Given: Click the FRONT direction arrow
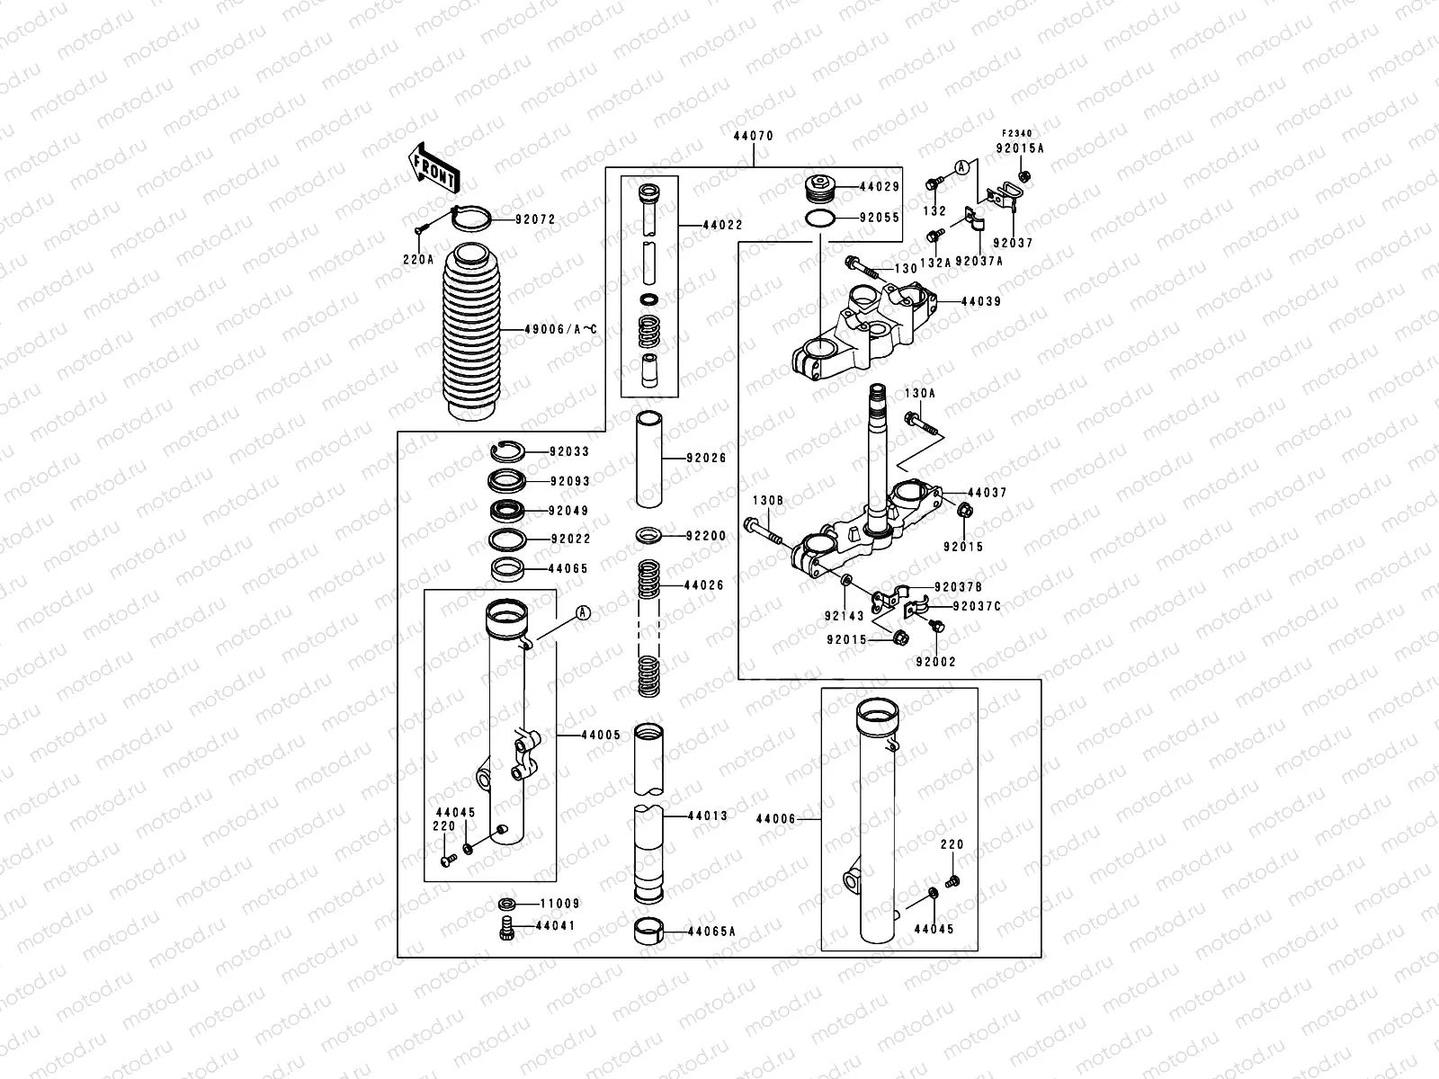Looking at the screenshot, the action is coord(433,168).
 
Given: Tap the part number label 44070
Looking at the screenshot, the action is coord(754,136).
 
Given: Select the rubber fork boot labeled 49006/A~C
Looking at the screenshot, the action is coord(471,332).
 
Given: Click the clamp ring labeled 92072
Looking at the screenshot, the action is coord(470,218).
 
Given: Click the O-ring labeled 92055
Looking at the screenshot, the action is coord(819,218).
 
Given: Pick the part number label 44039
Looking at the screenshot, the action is coord(981,302).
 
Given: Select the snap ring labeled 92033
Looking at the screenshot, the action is coord(507,451).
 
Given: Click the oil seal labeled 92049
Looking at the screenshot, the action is coord(507,511).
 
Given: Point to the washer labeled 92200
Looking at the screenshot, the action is coord(649,536).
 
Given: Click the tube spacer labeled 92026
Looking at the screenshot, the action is coord(649,459).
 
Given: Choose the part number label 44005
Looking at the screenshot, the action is coord(601,735).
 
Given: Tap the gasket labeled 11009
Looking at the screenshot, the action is coord(506,904).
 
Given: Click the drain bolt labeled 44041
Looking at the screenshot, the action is coord(505,928).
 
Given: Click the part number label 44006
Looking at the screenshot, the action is coord(775,819).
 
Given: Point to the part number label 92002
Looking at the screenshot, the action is coord(936,662).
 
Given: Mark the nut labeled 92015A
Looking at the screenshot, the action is coord(1025,175).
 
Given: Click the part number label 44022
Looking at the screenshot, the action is coord(722,226).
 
